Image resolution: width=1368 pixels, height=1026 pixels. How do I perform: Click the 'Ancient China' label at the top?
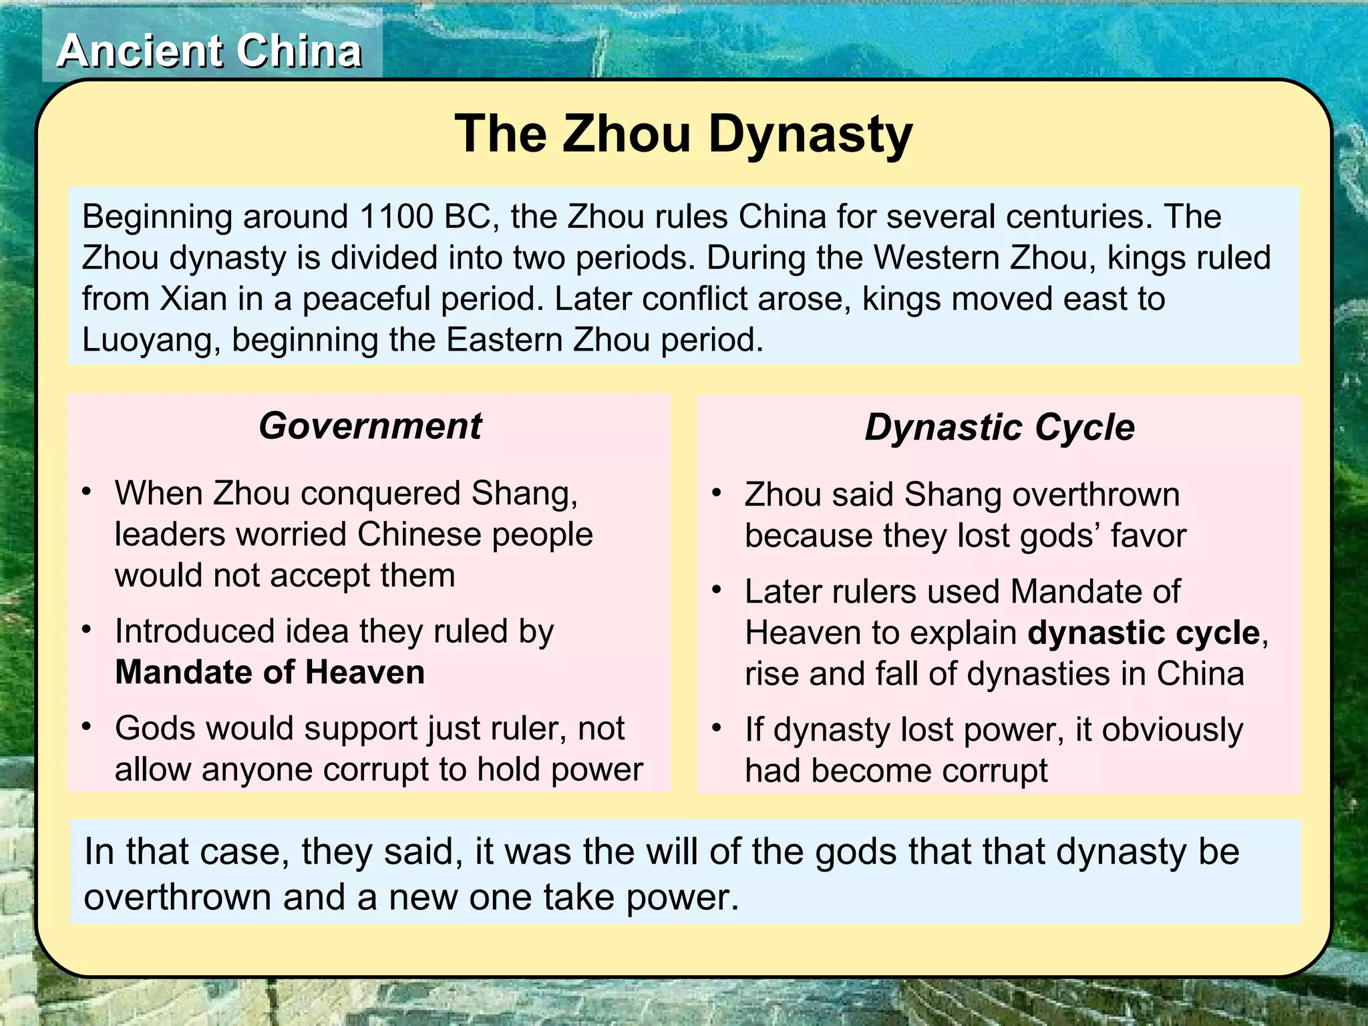coord(210,51)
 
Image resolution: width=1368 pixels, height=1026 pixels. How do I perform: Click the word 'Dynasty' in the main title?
coord(810,134)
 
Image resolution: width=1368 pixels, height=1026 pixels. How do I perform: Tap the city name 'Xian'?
coord(193,299)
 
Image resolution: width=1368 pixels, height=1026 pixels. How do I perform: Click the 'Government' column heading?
coord(370,426)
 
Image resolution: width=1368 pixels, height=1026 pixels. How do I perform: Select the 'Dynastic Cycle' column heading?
coord(999,427)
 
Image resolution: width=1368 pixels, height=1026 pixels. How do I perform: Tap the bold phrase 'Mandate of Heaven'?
coord(270,672)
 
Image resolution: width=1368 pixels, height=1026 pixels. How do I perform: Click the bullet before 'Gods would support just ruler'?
coord(87,727)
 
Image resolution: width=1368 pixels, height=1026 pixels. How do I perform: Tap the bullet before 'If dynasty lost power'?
coord(717,728)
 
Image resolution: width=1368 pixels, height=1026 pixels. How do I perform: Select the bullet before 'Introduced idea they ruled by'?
coord(87,630)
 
